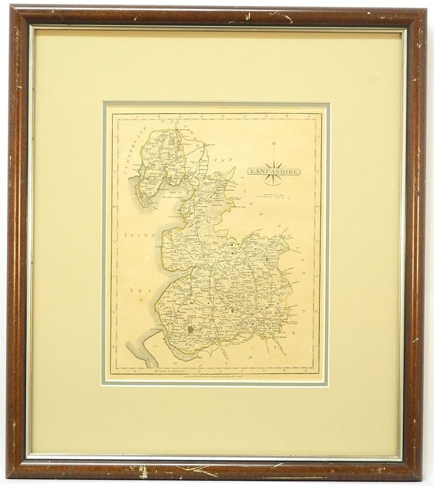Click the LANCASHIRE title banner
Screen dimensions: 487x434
[x=273, y=171]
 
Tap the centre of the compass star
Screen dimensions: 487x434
[x=273, y=167]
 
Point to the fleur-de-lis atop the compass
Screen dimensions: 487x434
[x=273, y=144]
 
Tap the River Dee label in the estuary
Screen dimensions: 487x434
[x=138, y=351]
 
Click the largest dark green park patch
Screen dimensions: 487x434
[x=191, y=329]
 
